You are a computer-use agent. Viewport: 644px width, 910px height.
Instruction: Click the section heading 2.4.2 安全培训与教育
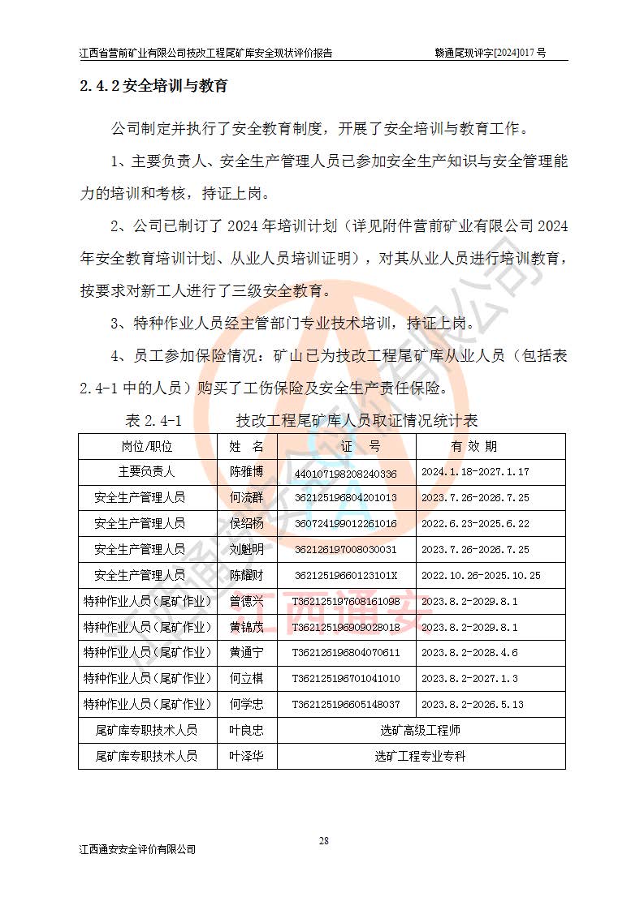tap(153, 85)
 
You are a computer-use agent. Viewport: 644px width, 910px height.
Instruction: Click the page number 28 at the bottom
tap(323, 840)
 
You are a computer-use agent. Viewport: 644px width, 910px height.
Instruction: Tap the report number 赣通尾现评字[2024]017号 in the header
tap(491, 53)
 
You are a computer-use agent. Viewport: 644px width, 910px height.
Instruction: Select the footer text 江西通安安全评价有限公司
tap(138, 849)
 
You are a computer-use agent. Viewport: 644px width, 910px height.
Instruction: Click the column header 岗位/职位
tap(147, 446)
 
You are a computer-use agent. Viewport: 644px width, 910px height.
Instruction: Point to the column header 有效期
tap(474, 446)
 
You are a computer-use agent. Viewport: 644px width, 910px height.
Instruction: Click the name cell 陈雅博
tap(246, 472)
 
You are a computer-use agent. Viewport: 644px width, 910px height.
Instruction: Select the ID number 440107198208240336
tap(345, 473)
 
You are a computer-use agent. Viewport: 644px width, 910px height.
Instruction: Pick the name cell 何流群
tap(246, 498)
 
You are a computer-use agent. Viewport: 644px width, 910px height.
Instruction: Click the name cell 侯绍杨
tap(246, 524)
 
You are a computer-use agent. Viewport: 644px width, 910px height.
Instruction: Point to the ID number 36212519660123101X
tap(346, 576)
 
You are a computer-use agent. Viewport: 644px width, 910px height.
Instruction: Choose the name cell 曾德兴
tap(246, 602)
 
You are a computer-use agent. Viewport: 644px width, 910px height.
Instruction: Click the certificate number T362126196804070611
tap(346, 653)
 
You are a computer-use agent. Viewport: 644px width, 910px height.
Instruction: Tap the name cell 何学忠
tap(246, 705)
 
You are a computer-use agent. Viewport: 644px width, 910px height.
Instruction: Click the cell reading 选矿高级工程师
tap(420, 731)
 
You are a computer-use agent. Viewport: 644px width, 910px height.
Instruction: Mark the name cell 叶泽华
tap(246, 757)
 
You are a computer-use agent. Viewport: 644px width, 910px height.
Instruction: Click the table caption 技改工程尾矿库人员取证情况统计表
tap(357, 420)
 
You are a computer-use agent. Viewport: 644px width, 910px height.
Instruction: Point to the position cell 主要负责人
tap(147, 472)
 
